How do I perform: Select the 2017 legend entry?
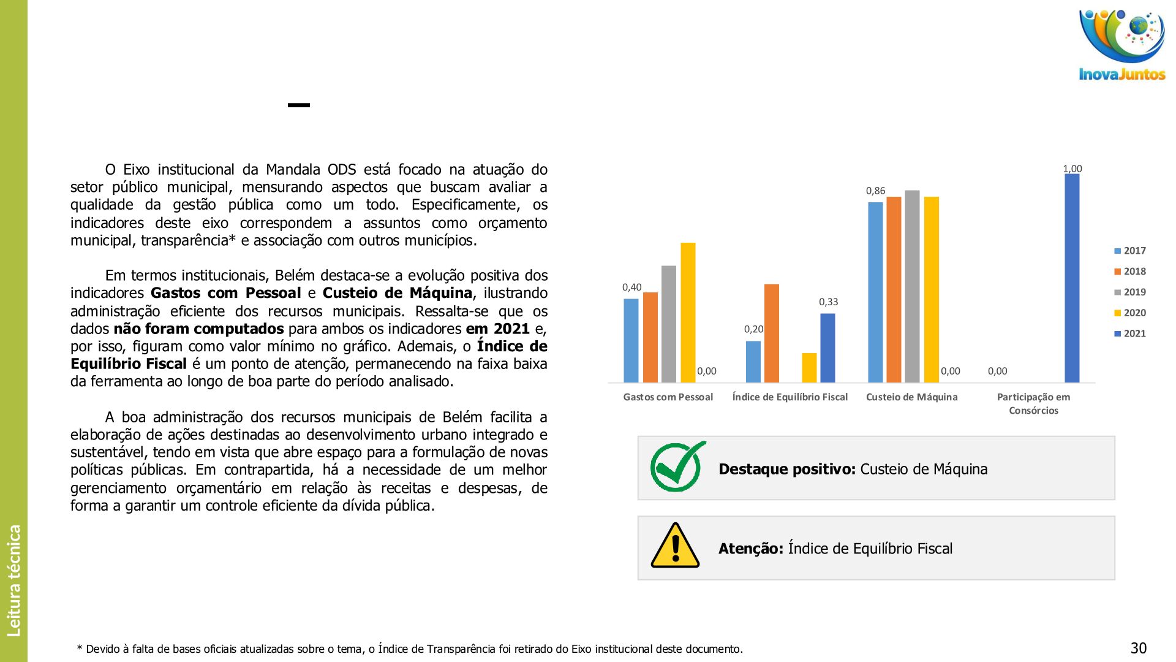1129,251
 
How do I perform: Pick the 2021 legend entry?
1129,333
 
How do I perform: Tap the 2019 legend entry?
1129,292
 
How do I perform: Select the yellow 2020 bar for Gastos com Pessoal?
688,313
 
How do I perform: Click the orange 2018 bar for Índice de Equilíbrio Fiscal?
772,333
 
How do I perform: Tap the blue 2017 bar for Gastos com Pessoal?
631,341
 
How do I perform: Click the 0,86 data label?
875,191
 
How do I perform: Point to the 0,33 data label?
828,302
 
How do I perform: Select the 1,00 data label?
1072,169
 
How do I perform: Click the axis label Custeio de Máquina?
911,397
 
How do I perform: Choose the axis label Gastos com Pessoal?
668,397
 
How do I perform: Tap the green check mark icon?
677,467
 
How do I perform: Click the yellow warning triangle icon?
675,546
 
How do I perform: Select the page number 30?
1138,648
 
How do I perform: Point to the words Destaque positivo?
786,470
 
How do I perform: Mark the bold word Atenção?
750,549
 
